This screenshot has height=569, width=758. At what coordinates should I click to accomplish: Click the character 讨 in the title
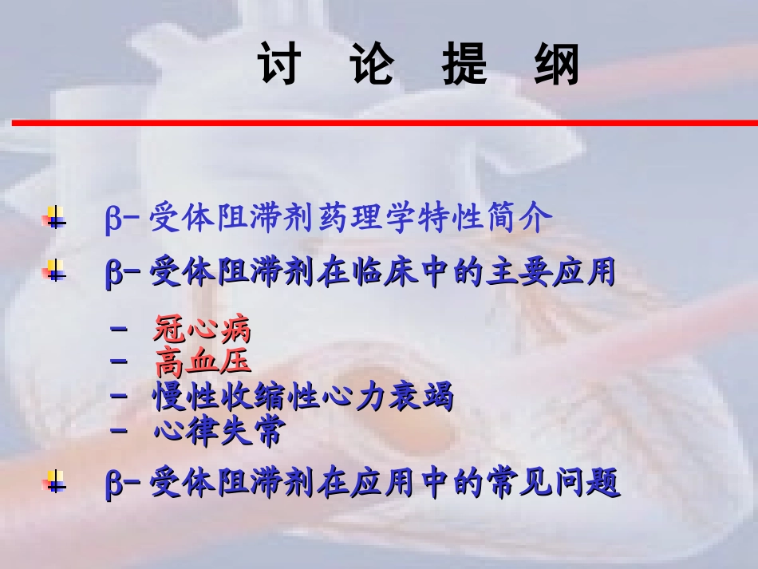[x=279, y=65]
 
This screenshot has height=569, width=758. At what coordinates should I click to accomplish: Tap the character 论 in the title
[x=372, y=65]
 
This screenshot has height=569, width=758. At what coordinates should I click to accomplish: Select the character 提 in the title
[x=464, y=65]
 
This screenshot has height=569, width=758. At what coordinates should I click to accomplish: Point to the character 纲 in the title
[x=557, y=65]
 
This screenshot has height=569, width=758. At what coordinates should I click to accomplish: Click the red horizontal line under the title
[x=383, y=123]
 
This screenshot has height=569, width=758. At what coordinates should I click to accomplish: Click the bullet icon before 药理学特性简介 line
[x=54, y=217]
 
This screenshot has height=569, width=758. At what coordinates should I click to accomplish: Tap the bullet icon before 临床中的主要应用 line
[x=54, y=272]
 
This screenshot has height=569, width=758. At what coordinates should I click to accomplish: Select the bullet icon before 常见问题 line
[x=54, y=482]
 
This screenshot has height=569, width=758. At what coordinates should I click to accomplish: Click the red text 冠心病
[x=202, y=328]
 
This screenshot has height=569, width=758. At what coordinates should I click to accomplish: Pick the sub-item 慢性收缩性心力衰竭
[x=303, y=396]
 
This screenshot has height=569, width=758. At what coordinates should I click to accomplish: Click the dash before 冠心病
[x=120, y=327]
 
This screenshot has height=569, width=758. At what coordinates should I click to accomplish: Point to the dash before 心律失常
[x=120, y=430]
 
